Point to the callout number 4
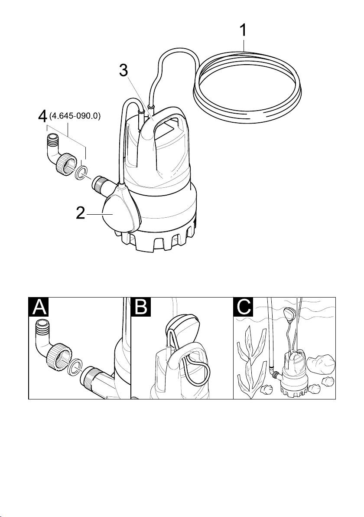(x=42, y=117)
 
